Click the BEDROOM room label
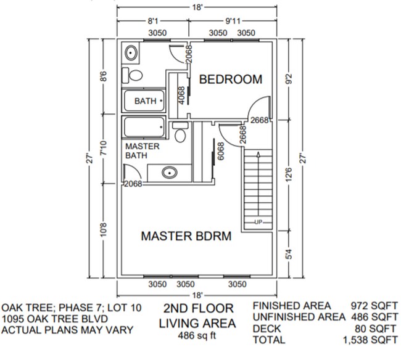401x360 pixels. pyautogui.click(x=230, y=80)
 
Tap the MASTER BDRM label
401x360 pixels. pyautogui.click(x=186, y=236)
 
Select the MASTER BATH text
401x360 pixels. pyautogui.click(x=143, y=151)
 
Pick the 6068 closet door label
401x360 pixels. pyautogui.click(x=221, y=152)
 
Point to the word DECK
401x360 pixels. pyautogui.click(x=267, y=329)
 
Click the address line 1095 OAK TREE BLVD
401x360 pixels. pyautogui.click(x=56, y=319)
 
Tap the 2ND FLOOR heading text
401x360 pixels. pyautogui.click(x=199, y=308)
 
